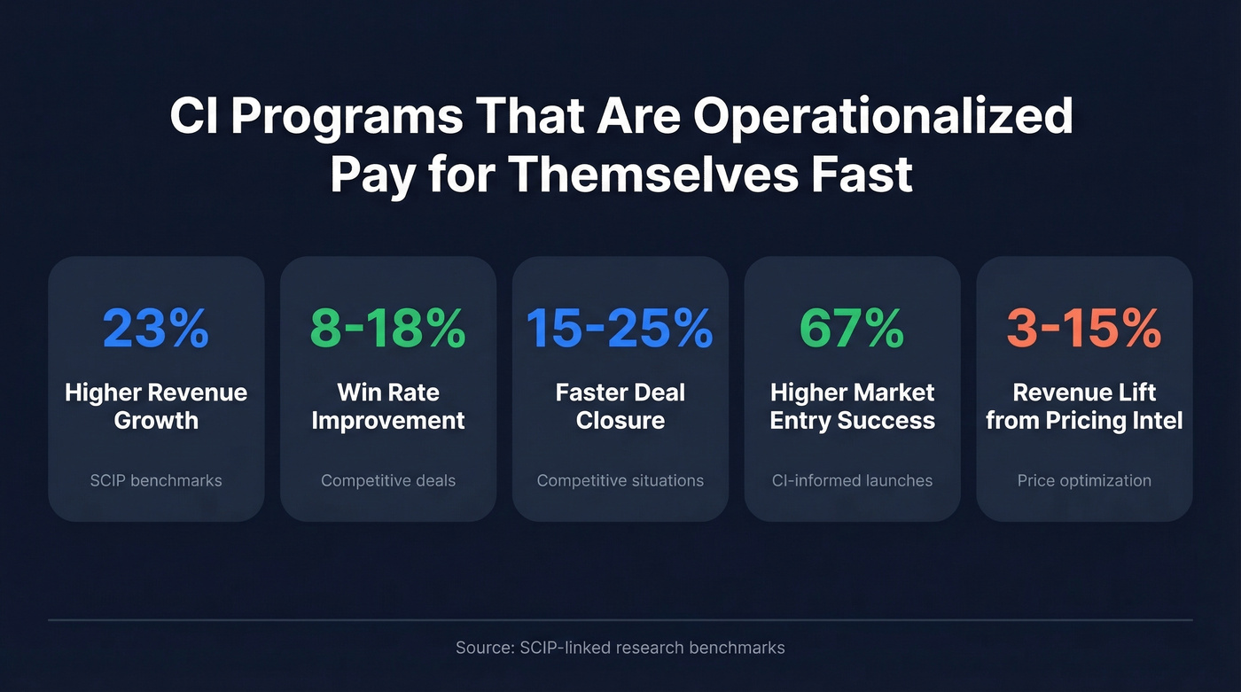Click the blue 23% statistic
(x=156, y=328)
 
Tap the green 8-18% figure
(x=388, y=328)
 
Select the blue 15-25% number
(x=620, y=328)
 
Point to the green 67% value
(x=852, y=328)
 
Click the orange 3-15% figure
(x=1084, y=328)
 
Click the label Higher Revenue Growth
(x=156, y=406)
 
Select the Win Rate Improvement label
(x=388, y=406)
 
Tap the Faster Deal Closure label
(x=620, y=406)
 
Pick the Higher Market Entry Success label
(x=852, y=406)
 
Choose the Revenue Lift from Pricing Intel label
(x=1084, y=406)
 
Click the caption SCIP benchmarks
(x=156, y=481)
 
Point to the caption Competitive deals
(x=388, y=481)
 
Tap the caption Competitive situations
(x=620, y=481)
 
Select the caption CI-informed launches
(x=852, y=481)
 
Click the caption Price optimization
(x=1084, y=481)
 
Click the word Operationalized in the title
(x=883, y=118)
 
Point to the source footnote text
(x=620, y=648)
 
